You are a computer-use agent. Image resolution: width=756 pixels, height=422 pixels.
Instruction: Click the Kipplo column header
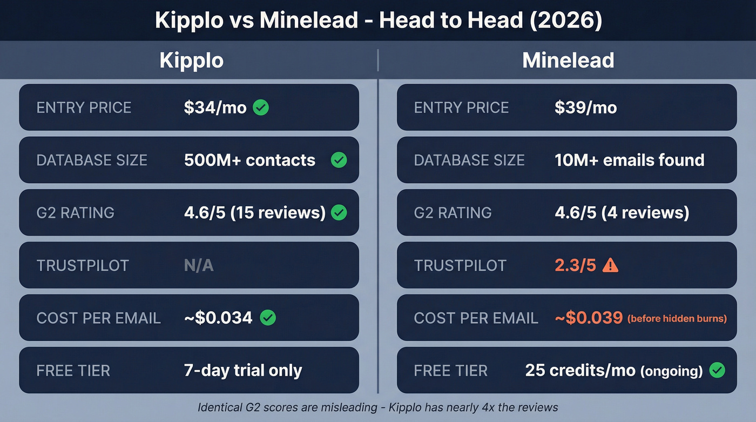click(x=191, y=61)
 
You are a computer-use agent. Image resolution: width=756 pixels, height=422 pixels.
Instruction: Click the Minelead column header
click(x=568, y=61)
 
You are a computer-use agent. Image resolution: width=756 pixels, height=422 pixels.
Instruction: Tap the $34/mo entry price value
click(x=215, y=108)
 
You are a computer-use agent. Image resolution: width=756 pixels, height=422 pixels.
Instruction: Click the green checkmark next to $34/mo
click(x=261, y=108)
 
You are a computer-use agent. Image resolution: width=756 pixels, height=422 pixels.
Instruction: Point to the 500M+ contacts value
click(x=249, y=160)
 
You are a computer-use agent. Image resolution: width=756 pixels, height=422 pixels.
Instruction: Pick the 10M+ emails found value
click(x=629, y=160)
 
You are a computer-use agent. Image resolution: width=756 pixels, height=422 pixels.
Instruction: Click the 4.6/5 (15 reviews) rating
click(x=254, y=212)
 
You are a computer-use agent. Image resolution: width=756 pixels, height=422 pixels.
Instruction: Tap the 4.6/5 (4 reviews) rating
click(x=622, y=212)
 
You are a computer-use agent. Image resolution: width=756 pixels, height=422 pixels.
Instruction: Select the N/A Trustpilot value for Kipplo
click(x=199, y=265)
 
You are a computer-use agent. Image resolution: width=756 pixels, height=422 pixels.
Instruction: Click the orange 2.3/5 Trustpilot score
click(x=575, y=265)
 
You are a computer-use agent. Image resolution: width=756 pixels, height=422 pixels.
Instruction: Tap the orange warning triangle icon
click(x=610, y=265)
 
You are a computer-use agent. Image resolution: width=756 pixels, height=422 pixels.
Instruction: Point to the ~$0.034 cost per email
click(x=218, y=318)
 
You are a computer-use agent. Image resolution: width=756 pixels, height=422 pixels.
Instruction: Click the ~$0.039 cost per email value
click(x=589, y=318)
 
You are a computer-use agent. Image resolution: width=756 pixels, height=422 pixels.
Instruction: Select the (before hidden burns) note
click(x=677, y=318)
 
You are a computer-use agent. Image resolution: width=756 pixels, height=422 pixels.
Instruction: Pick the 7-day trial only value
click(x=243, y=371)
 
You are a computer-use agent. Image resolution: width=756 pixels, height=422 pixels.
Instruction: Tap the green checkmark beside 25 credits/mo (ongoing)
click(x=717, y=371)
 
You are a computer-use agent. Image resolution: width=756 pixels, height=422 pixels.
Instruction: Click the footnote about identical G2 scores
click(x=377, y=407)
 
